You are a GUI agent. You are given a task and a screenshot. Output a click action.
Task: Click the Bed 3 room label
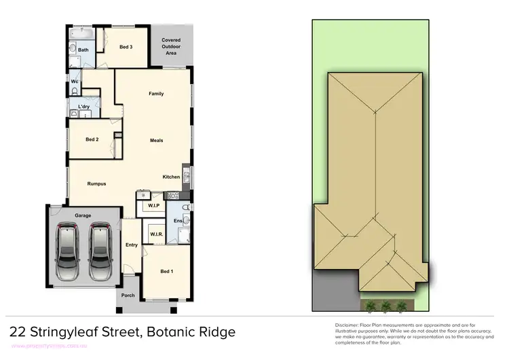[x=126, y=47]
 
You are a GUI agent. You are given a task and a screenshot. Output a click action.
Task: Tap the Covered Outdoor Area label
[x=171, y=46]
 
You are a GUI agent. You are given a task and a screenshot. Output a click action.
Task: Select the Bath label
[x=83, y=50]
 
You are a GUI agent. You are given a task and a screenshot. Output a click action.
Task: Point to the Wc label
[x=75, y=82]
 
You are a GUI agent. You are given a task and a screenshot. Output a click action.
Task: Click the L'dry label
[x=84, y=107]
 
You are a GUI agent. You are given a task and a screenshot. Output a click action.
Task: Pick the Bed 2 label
[x=92, y=140]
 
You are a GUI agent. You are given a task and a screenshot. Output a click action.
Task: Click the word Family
[x=156, y=94]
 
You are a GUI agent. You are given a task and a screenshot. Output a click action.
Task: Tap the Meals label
[x=156, y=141]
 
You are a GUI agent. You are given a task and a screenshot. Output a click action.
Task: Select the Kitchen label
[x=171, y=177]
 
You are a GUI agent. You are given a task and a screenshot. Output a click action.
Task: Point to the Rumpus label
[x=96, y=183]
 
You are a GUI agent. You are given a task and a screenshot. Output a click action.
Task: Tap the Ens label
[x=178, y=221]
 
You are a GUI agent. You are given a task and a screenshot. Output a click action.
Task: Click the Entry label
[x=132, y=245]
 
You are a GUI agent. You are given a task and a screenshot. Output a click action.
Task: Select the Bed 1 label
[x=166, y=272]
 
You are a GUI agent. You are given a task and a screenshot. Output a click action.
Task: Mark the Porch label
[x=128, y=295]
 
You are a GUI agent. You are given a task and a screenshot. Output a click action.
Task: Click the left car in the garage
[x=68, y=253]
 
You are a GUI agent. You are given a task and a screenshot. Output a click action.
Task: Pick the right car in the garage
[x=100, y=253]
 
